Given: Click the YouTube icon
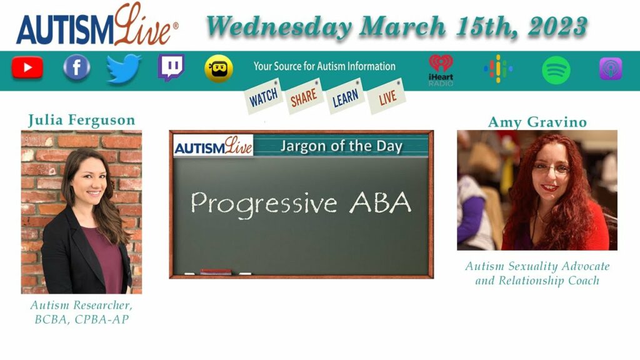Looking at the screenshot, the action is point(27,67).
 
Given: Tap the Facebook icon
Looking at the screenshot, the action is point(76,67).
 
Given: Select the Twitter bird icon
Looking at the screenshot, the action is point(124,68).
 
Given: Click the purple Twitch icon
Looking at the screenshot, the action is point(171,67).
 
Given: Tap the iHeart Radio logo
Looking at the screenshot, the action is point(441,70).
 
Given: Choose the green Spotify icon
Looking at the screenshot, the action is point(556,70).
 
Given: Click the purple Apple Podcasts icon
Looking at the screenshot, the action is point(611,69).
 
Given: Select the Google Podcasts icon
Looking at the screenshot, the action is point(498,69).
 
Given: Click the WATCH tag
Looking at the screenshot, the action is point(264,97).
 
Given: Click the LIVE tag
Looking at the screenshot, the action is point(387,96).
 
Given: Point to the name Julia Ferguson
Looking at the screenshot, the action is point(82,120).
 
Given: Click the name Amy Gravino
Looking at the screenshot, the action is point(537,122).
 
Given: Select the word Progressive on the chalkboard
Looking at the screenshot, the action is point(264,204).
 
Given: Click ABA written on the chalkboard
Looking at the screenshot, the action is point(380,202).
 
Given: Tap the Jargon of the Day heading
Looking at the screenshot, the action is point(341,146).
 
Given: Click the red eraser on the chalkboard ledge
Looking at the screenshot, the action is point(216,272).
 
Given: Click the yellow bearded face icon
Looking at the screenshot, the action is point(219,69).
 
